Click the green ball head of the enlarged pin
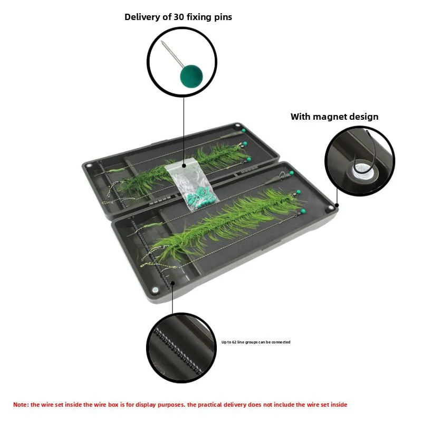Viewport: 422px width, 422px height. pyautogui.click(x=191, y=76)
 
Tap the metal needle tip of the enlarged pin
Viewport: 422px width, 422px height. pyautogui.click(x=161, y=42)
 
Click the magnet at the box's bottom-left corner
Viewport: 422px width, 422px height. pyautogui.click(x=155, y=290)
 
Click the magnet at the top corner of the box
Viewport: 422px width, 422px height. pyautogui.click(x=238, y=126)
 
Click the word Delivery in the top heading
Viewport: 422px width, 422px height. pyautogui.click(x=142, y=17)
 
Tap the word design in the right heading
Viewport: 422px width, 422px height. pyautogui.click(x=366, y=117)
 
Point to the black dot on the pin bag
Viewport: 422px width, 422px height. pyautogui.click(x=184, y=166)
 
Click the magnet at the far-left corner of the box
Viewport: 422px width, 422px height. pyautogui.click(x=89, y=165)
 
